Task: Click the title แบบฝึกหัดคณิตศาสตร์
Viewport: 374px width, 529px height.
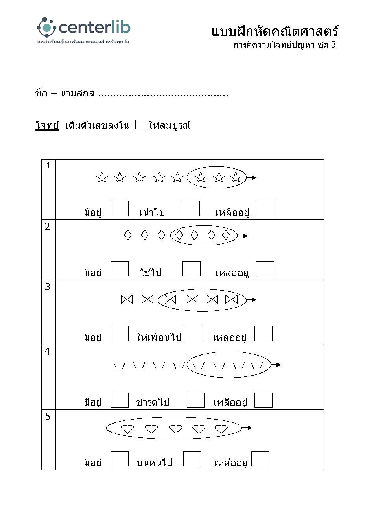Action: tap(275, 31)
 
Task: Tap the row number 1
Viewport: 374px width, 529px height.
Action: tap(48, 166)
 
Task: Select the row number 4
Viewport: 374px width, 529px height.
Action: tap(48, 351)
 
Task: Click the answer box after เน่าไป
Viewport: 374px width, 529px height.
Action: tap(191, 208)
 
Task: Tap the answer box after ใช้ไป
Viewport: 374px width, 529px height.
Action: tap(191, 269)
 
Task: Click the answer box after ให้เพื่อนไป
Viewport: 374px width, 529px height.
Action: tap(194, 334)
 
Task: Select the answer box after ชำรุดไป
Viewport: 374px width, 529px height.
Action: tap(195, 400)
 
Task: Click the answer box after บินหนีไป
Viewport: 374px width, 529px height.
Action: tap(192, 459)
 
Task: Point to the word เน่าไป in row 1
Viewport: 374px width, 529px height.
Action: tap(152, 212)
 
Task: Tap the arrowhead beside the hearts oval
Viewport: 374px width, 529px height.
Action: tap(249, 428)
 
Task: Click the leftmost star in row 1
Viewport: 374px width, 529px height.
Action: tap(102, 177)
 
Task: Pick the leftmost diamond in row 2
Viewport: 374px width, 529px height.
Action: tap(128, 235)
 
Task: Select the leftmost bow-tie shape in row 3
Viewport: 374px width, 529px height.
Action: tap(127, 299)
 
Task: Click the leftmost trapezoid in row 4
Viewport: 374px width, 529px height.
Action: tap(119, 365)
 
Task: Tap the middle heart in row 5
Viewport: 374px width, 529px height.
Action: tap(175, 429)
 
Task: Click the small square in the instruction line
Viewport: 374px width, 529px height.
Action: tap(140, 125)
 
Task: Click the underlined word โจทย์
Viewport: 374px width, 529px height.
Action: tap(47, 125)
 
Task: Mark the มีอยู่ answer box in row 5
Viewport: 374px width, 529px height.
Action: tap(120, 459)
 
